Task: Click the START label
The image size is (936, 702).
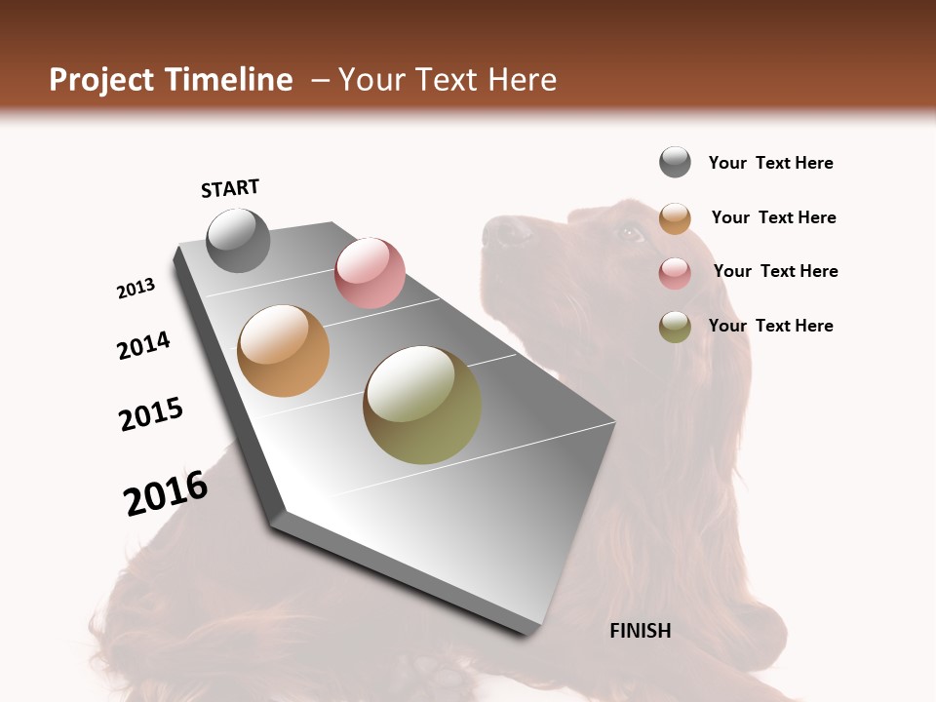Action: (x=230, y=188)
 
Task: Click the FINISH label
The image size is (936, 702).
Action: (x=640, y=631)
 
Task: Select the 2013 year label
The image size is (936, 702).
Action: (x=136, y=289)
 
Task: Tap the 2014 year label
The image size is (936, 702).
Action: (x=144, y=345)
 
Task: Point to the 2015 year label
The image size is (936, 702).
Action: (x=151, y=414)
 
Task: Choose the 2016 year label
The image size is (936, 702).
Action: (x=166, y=493)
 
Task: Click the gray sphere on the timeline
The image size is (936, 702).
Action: (x=238, y=240)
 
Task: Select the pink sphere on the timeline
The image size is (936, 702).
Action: (x=370, y=272)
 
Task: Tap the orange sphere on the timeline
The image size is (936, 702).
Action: (x=283, y=351)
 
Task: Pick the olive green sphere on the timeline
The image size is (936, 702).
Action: (x=422, y=405)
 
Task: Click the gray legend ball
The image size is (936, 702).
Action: (x=675, y=162)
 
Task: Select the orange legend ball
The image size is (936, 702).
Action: (x=675, y=218)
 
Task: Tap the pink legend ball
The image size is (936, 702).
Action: (x=675, y=273)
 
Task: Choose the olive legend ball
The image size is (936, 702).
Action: (x=675, y=327)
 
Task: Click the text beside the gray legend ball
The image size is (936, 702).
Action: (x=770, y=163)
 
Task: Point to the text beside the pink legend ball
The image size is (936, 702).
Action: (x=775, y=271)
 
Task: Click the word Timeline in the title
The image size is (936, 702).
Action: (x=230, y=80)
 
